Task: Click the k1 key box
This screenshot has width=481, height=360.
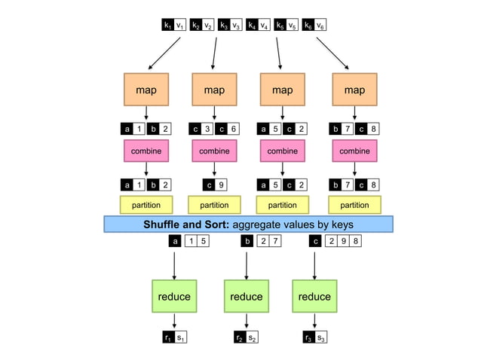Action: [x=167, y=26]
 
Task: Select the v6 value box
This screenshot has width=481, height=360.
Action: [x=320, y=26]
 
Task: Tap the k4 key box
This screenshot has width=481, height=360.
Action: [x=251, y=26]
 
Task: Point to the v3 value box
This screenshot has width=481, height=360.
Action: [x=236, y=26]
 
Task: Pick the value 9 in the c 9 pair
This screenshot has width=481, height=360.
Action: [x=221, y=185]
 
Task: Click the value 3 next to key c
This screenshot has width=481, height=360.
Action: [x=207, y=129]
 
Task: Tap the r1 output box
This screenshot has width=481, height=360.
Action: [x=167, y=337]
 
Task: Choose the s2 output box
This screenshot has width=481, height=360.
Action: [x=254, y=337]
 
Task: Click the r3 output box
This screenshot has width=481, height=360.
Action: [x=308, y=337]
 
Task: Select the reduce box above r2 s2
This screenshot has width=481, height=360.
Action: [x=247, y=296]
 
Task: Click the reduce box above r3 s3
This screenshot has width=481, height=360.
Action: [x=314, y=296]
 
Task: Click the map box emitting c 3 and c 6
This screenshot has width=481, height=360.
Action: [x=214, y=90]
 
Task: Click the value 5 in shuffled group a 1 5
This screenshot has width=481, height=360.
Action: [x=204, y=241]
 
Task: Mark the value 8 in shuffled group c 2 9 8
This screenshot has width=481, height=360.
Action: [x=357, y=241]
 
